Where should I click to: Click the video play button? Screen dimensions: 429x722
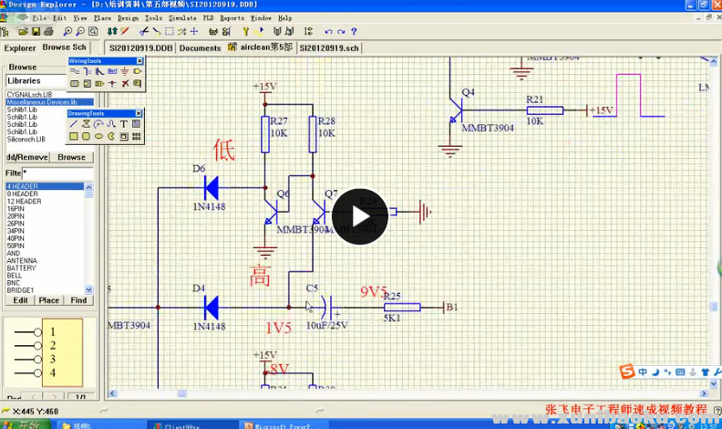point(359,216)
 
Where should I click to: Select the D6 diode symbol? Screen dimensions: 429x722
point(211,188)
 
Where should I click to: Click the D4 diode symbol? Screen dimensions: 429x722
point(211,307)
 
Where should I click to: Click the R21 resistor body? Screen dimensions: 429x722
point(544,110)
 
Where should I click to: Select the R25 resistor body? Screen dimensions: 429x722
point(401,308)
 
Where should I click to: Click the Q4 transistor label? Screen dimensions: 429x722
point(469,92)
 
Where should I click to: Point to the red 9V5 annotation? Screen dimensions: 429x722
point(374,292)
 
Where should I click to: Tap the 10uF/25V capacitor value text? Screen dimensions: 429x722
point(326,325)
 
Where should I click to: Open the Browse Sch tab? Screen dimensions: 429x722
point(64,47)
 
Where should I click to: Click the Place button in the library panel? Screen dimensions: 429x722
point(48,300)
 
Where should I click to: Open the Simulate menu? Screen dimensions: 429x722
point(182,17)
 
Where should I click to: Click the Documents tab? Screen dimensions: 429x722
point(200,47)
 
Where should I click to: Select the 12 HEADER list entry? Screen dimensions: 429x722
point(24,202)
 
